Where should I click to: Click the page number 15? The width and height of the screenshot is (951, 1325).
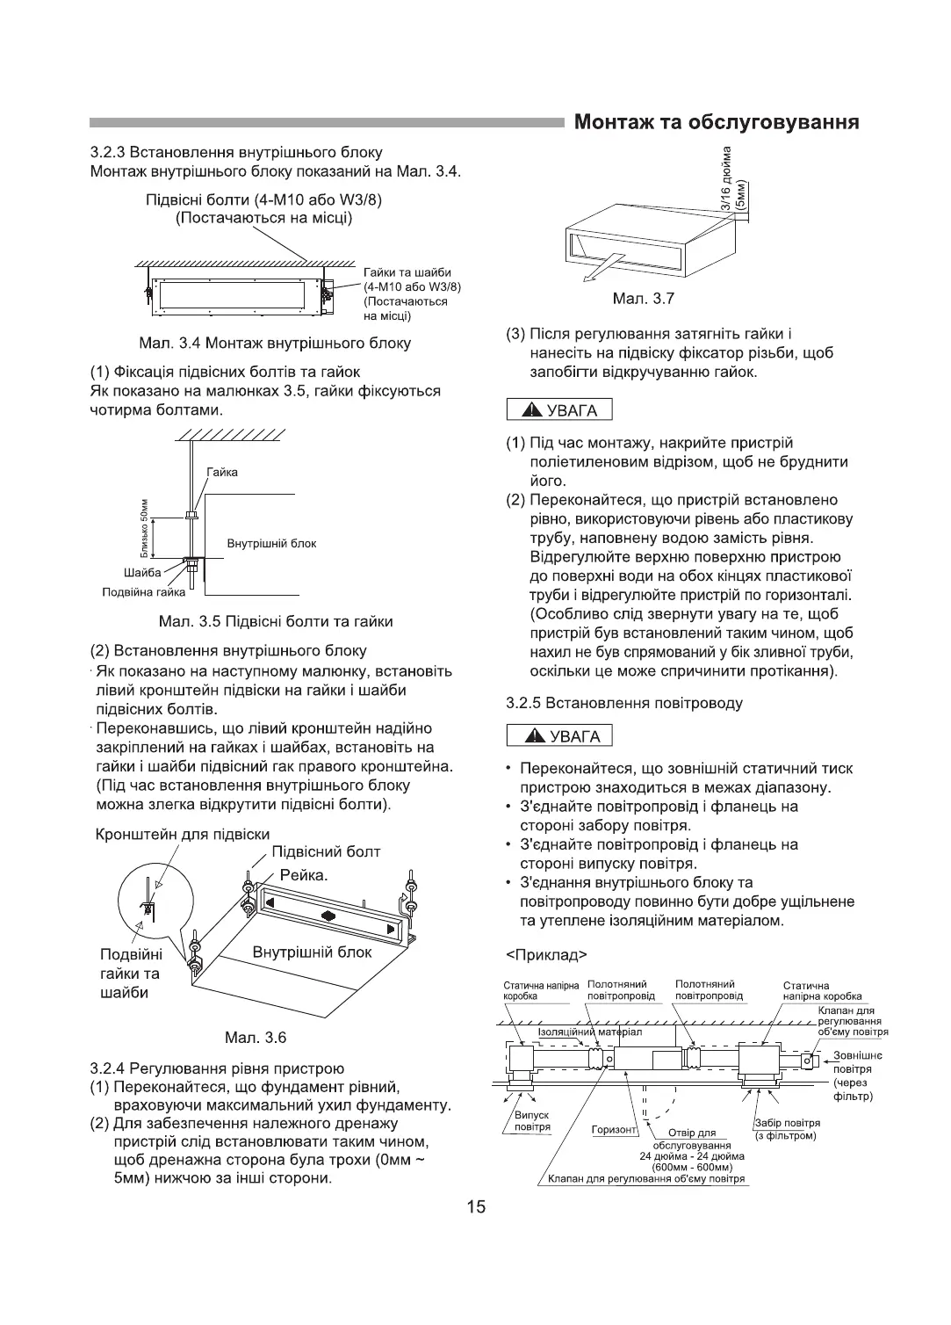pos(475,1206)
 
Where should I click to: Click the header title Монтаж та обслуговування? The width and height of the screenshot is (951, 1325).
pos(716,122)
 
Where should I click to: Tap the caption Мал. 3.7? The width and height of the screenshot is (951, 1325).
pos(644,299)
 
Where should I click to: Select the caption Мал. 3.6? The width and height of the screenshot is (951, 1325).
pos(256,1038)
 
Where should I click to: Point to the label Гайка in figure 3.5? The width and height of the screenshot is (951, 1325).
pos(222,473)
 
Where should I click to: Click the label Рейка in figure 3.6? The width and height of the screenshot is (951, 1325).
pos(303,876)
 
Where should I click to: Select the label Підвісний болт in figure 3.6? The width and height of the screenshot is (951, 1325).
pos(326,851)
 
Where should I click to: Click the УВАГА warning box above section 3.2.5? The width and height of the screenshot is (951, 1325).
pos(559,735)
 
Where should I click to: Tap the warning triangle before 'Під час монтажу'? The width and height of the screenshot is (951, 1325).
pos(531,411)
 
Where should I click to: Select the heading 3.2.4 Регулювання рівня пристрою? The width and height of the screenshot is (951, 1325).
pos(218,1068)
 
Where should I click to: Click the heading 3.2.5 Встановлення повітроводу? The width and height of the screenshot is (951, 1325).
pos(624,703)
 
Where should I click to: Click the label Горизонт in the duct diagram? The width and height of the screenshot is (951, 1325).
pos(613,1130)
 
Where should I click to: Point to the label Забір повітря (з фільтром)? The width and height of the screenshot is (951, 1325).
pos(787,1129)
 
